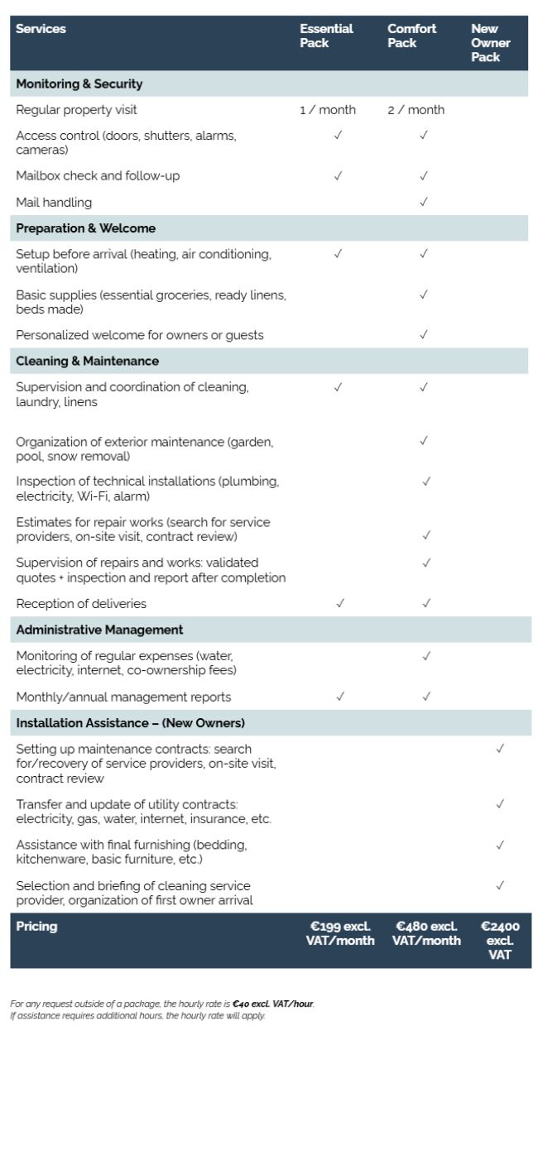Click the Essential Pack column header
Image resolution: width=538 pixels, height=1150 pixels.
[326, 36]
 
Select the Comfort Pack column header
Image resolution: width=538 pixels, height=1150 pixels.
[411, 36]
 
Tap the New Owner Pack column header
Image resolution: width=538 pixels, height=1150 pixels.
[491, 42]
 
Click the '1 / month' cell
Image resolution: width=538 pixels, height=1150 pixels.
[328, 110]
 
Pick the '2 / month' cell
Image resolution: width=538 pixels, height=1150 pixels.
[416, 110]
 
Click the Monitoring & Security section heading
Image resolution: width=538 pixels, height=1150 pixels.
[79, 84]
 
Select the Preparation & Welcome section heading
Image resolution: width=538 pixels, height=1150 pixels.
[85, 228]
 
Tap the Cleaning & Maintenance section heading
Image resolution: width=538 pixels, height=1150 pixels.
[87, 362]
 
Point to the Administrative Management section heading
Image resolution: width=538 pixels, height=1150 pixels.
[99, 630]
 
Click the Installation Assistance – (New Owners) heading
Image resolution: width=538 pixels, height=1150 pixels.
[130, 723]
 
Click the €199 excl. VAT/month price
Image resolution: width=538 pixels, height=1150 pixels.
[340, 933]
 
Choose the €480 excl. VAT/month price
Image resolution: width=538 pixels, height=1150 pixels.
[426, 933]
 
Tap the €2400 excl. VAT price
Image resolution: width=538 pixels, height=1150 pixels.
[500, 941]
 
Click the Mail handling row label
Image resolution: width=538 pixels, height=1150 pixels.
[54, 203]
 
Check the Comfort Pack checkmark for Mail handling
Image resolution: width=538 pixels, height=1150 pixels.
[424, 202]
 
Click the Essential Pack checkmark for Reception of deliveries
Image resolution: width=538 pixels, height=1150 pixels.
[340, 603]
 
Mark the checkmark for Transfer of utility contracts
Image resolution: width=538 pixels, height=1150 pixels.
[500, 803]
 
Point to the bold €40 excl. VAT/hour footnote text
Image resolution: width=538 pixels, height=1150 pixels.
[273, 1004]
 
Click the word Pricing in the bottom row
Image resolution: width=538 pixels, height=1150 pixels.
[36, 927]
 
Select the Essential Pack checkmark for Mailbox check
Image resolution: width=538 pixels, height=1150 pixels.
[338, 175]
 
